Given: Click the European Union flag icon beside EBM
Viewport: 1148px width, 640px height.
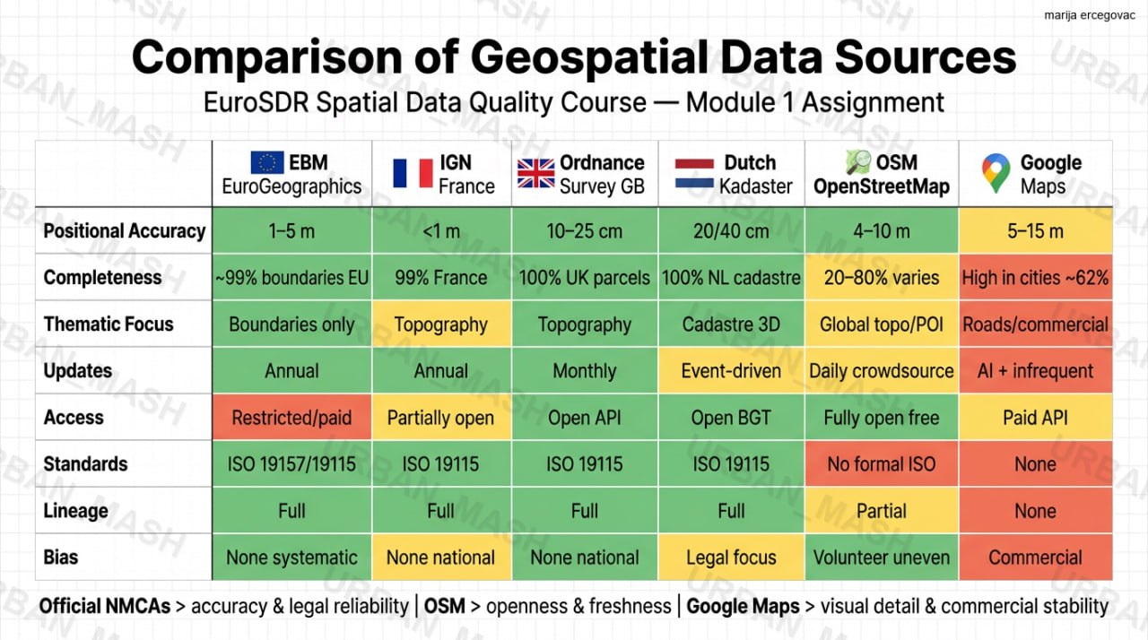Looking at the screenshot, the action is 267,162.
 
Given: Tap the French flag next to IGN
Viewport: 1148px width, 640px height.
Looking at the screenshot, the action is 413,173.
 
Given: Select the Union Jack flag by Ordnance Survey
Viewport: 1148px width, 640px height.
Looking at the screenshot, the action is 535,173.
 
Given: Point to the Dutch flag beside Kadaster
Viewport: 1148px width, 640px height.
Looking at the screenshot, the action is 694,173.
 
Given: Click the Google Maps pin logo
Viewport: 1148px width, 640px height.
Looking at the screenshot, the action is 996,173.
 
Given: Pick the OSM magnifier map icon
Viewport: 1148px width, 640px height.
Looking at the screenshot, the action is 858,162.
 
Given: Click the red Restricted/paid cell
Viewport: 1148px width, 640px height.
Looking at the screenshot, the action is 291,418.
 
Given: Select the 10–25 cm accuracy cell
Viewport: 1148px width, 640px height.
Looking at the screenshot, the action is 584,231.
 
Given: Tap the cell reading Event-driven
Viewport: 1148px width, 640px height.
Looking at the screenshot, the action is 731,371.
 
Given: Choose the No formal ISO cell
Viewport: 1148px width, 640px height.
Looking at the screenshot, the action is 882,464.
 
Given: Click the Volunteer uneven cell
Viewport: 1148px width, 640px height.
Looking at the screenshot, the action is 882,557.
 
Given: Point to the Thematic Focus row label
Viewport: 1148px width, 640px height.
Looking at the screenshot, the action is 109,324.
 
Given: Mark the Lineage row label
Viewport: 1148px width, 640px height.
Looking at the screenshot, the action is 76,510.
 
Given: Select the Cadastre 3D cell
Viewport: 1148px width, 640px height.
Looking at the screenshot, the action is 731,324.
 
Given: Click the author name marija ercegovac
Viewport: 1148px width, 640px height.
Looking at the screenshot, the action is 1090,15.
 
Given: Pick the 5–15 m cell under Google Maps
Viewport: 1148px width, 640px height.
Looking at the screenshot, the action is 1035,231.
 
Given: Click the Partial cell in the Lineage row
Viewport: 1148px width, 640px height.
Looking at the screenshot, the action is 882,510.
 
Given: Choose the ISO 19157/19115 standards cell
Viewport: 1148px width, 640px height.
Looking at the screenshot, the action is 291,464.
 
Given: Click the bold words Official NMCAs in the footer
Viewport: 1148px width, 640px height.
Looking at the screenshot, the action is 105,606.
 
